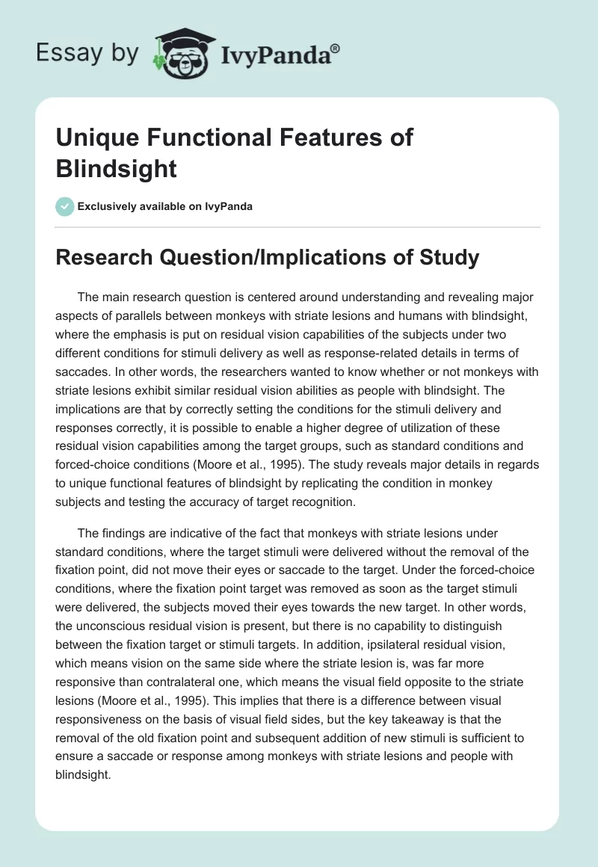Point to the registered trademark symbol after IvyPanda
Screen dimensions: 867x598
pyautogui.click(x=336, y=47)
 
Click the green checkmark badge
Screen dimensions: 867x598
pyautogui.click(x=65, y=206)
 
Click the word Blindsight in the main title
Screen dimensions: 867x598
pyautogui.click(x=116, y=168)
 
